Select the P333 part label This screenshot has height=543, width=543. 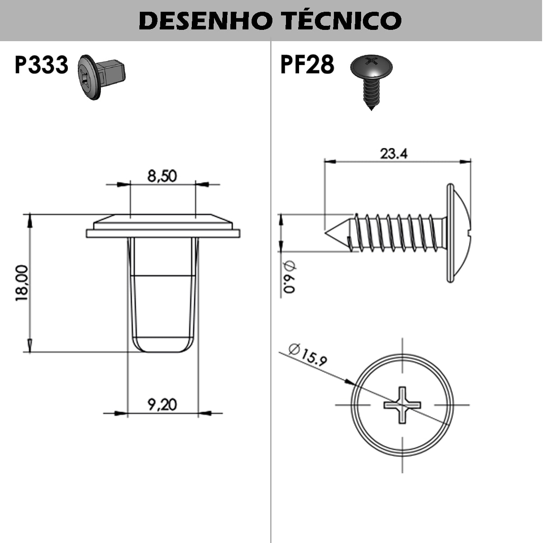click(x=41, y=65)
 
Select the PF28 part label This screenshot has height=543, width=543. click(x=307, y=64)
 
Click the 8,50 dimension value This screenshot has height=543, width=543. click(x=162, y=176)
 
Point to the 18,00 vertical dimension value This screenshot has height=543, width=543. click(x=22, y=283)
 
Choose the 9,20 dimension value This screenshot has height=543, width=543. click(x=162, y=404)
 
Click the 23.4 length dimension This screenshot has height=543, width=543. click(x=393, y=153)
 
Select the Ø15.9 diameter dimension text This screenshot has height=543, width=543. click(x=308, y=355)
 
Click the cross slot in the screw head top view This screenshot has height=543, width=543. click(x=402, y=405)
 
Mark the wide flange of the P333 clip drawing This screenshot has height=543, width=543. click(x=163, y=233)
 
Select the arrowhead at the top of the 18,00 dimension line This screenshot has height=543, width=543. click(x=30, y=220)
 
